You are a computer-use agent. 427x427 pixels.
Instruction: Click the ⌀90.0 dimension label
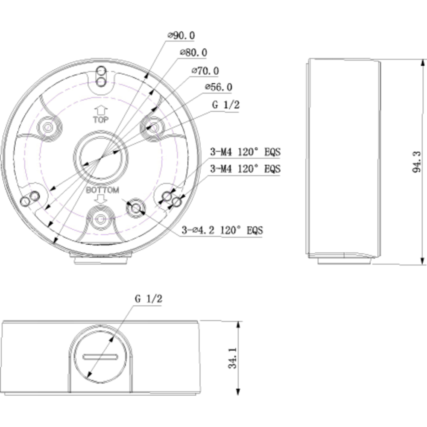coord(181,35)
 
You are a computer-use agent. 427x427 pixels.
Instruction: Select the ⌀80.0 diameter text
coord(193,52)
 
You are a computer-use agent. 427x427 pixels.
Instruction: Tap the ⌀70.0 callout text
coord(205,71)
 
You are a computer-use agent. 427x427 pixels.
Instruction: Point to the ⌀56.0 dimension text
coord(219,87)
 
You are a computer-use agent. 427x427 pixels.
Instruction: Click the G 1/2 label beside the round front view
coord(226,105)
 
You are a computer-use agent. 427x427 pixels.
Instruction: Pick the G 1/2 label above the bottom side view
coord(149,299)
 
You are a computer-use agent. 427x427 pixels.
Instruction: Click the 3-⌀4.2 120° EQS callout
coord(222,231)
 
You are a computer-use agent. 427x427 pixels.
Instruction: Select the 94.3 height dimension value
coord(417,162)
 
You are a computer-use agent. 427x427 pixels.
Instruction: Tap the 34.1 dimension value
coord(233,358)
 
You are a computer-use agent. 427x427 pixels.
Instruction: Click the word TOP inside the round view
coord(101,120)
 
